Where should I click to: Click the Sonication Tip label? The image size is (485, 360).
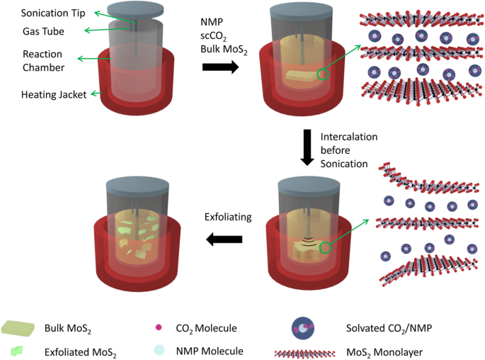[48, 13]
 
